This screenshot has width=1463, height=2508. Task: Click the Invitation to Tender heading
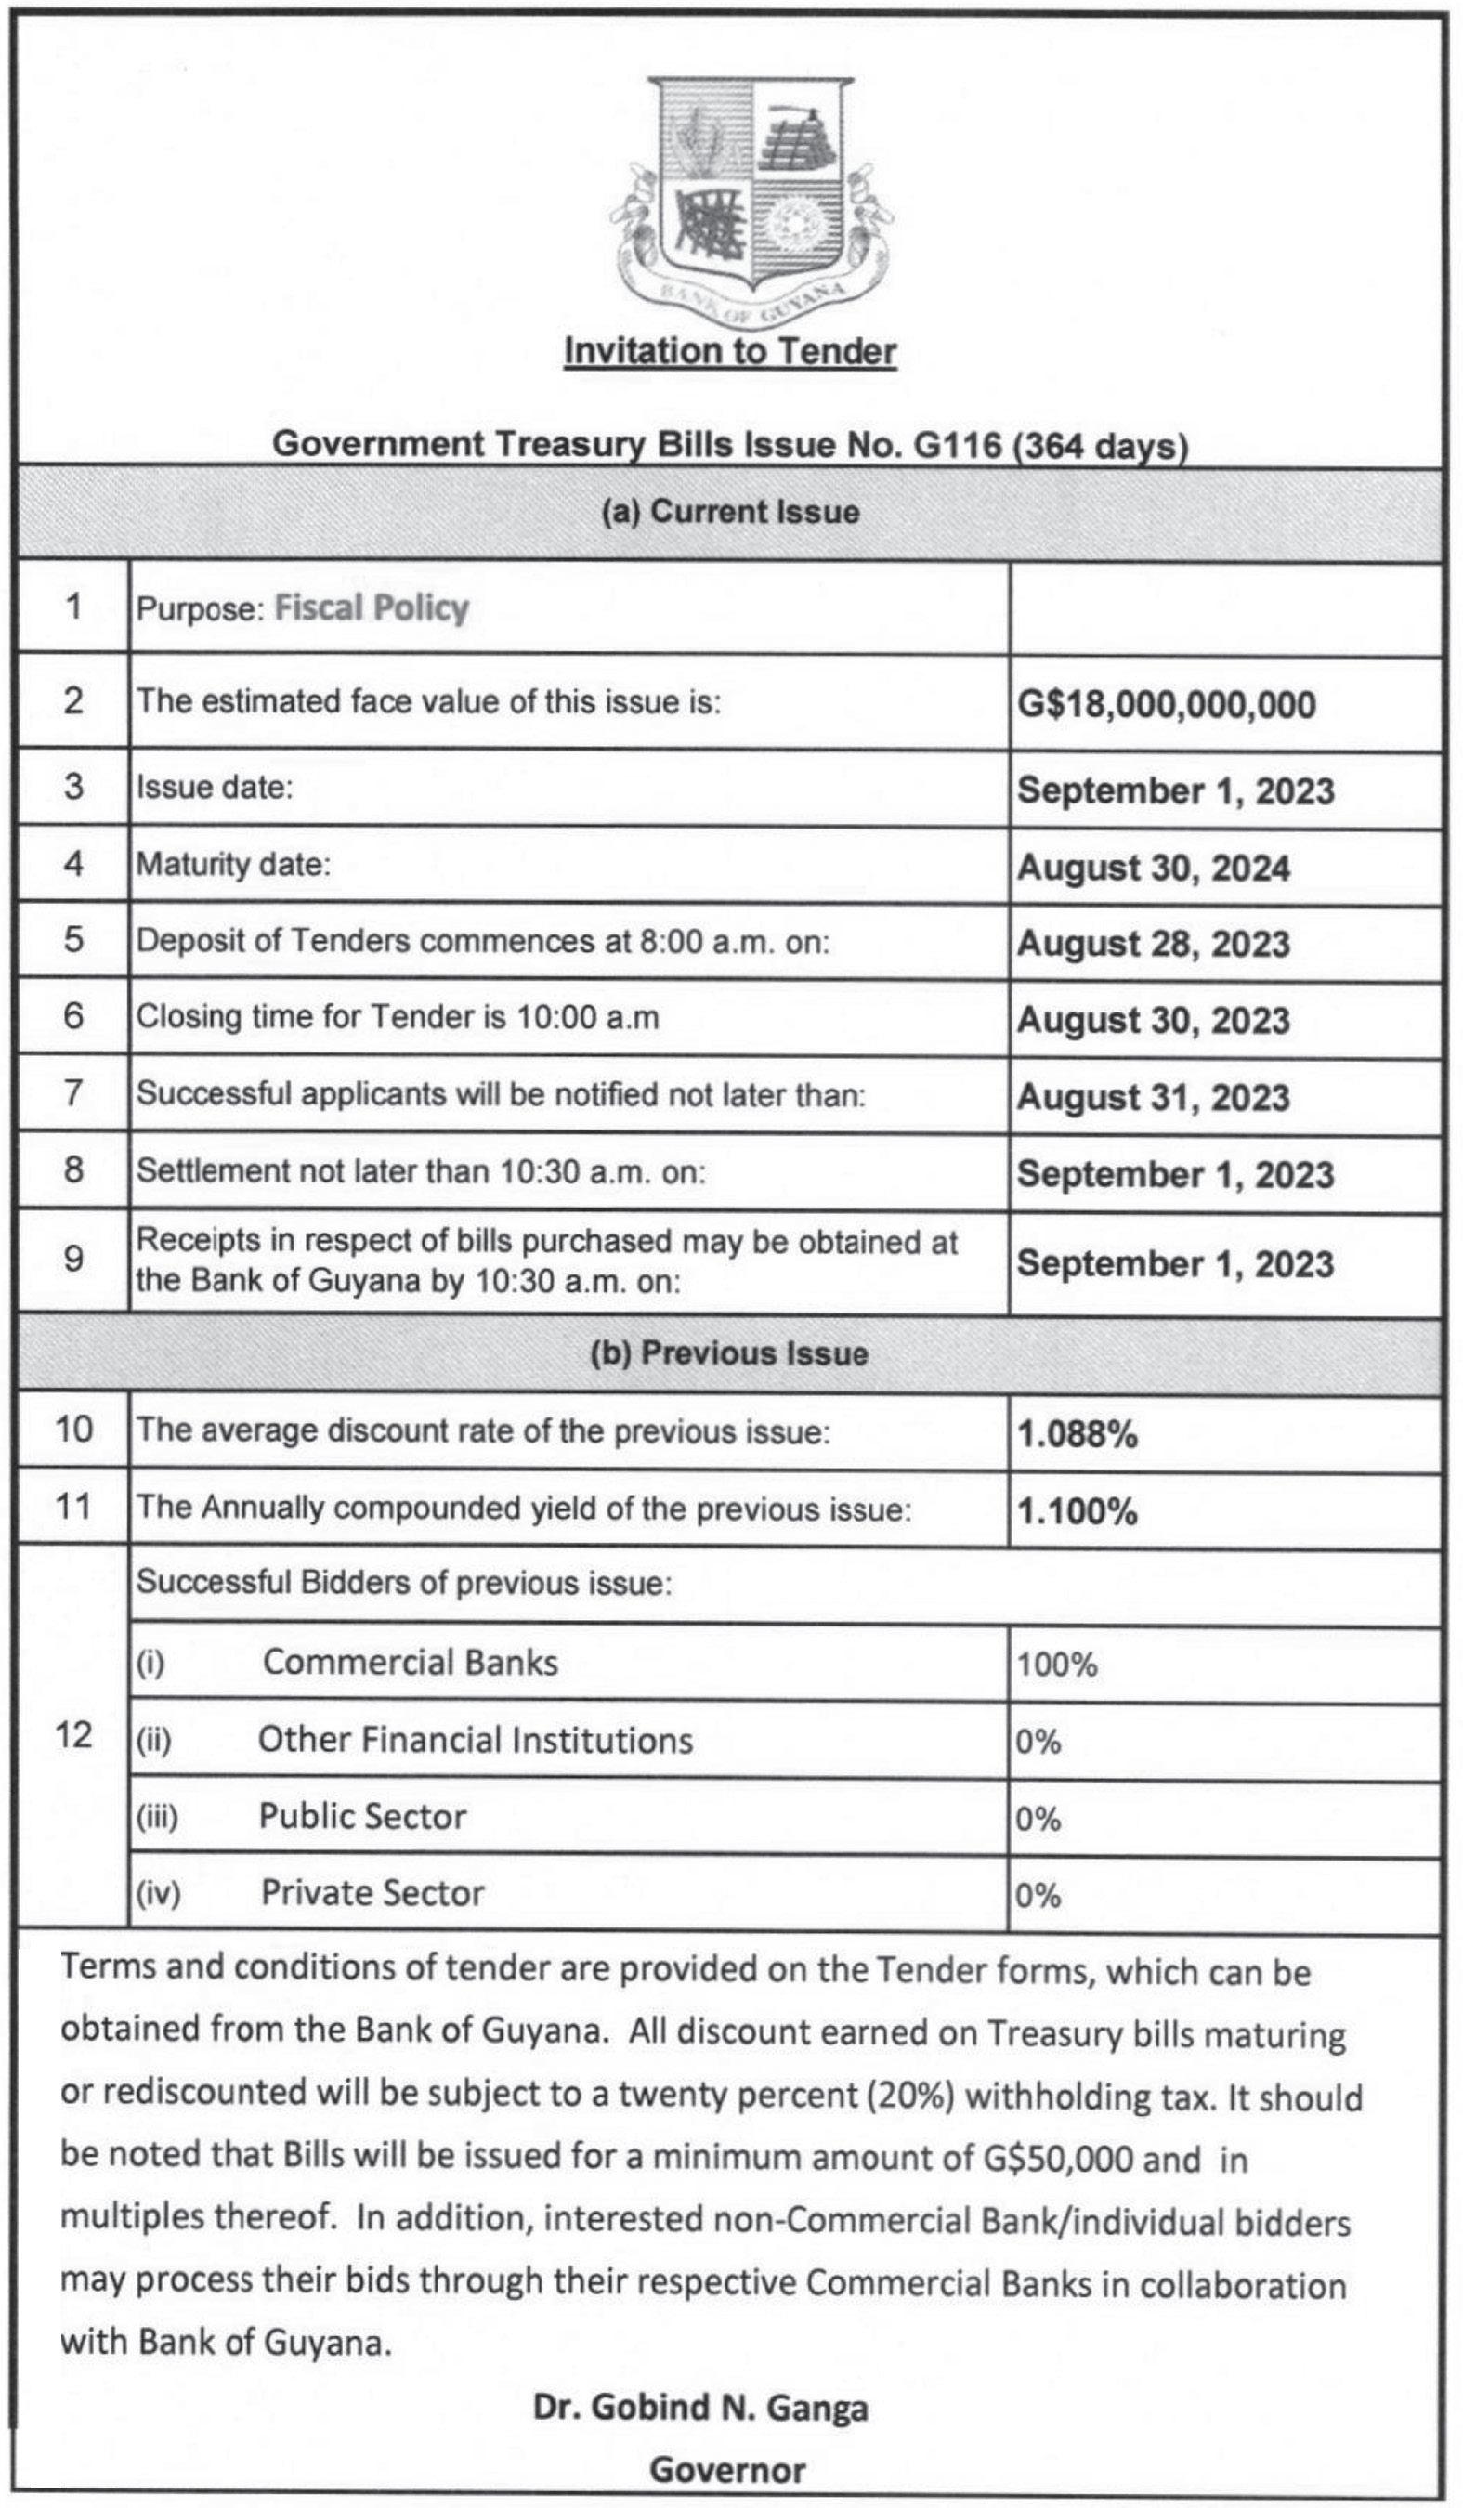pyautogui.click(x=730, y=351)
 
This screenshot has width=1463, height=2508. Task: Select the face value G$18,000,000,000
pyautogui.click(x=1166, y=705)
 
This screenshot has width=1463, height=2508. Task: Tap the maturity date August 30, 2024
pyautogui.click(x=1153, y=868)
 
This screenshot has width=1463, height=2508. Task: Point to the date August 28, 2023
pyautogui.click(x=1153, y=944)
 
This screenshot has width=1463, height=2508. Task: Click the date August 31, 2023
pyautogui.click(x=1153, y=1097)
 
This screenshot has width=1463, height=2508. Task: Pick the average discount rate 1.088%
pyautogui.click(x=1077, y=1434)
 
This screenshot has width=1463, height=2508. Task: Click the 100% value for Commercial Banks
pyautogui.click(x=1056, y=1664)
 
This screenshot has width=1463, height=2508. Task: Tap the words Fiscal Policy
pyautogui.click(x=372, y=608)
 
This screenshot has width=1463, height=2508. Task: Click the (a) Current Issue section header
pyautogui.click(x=730, y=512)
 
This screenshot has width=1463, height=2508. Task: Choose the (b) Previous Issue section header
pyautogui.click(x=730, y=1353)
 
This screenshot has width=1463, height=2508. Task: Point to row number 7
pyautogui.click(x=73, y=1092)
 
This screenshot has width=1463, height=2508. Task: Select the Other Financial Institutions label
pyautogui.click(x=475, y=1741)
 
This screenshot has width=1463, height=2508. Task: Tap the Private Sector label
pyautogui.click(x=372, y=1892)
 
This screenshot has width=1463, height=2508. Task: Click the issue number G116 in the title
pyautogui.click(x=957, y=444)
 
